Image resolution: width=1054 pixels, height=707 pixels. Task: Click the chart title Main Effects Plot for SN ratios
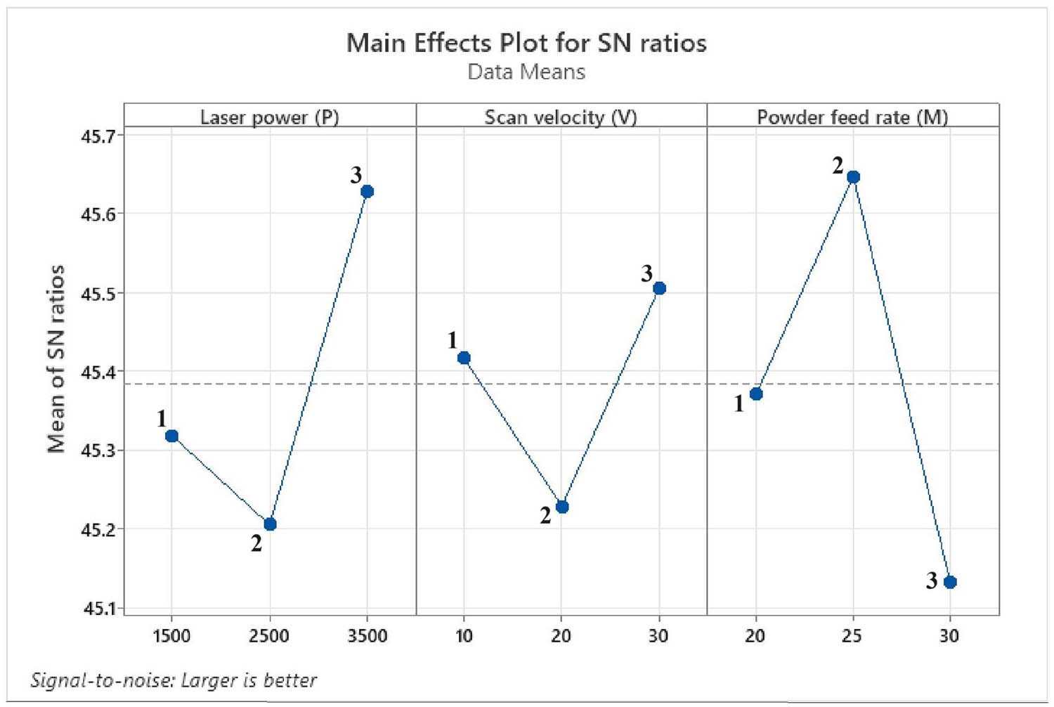(526, 44)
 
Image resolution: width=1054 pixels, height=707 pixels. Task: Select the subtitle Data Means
(526, 72)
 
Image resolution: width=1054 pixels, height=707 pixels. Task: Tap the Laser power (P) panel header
(270, 117)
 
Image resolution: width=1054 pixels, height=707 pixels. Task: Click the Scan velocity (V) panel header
(561, 117)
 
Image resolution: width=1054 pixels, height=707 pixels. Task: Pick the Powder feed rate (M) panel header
(852, 117)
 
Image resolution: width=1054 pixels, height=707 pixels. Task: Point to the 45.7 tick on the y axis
(96, 135)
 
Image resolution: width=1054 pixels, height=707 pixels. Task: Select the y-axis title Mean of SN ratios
(56, 358)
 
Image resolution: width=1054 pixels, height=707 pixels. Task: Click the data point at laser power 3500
(367, 191)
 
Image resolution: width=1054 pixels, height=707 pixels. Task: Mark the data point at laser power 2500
(270, 524)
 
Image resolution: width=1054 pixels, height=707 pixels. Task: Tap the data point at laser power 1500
(171, 436)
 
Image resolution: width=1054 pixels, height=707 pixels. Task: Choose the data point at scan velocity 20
(561, 507)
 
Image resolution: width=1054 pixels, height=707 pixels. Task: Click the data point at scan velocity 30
(659, 288)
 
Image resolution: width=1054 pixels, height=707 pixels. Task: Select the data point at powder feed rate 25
(853, 176)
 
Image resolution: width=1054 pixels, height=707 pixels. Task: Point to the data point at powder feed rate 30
(950, 582)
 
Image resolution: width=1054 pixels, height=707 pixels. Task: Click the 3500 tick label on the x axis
(367, 636)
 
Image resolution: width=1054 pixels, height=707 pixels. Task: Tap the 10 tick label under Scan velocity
(464, 636)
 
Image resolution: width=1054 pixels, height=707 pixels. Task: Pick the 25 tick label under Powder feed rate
(852, 636)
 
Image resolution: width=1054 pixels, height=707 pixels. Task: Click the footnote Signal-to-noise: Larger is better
(174, 680)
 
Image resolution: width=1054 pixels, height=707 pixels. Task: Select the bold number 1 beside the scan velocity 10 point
(453, 340)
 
